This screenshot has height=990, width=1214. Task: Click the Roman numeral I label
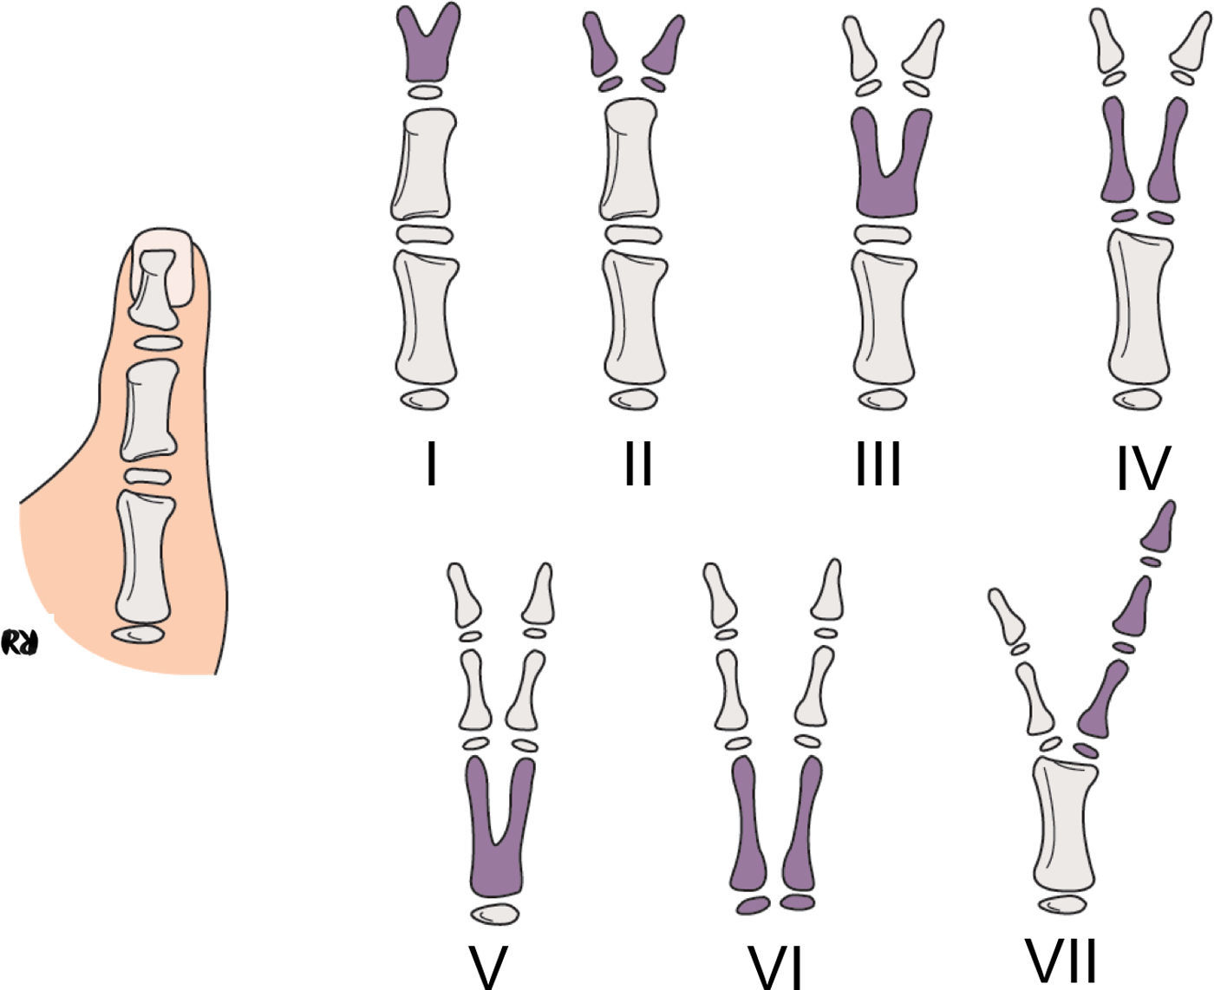pyautogui.click(x=431, y=465)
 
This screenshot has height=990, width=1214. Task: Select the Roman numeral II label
pyautogui.click(x=638, y=465)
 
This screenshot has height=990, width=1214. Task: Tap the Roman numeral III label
pyautogui.click(x=878, y=465)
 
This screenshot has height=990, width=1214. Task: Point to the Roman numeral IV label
pyautogui.click(x=1143, y=469)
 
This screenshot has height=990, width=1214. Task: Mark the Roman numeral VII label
pyautogui.click(x=1061, y=960)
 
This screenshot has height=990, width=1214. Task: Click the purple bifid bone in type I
pyautogui.click(x=428, y=52)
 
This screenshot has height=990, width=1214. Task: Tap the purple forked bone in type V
pyautogui.click(x=496, y=867)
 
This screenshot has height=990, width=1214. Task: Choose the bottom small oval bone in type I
pyautogui.click(x=425, y=399)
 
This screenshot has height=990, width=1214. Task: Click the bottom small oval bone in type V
pyautogui.click(x=496, y=915)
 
